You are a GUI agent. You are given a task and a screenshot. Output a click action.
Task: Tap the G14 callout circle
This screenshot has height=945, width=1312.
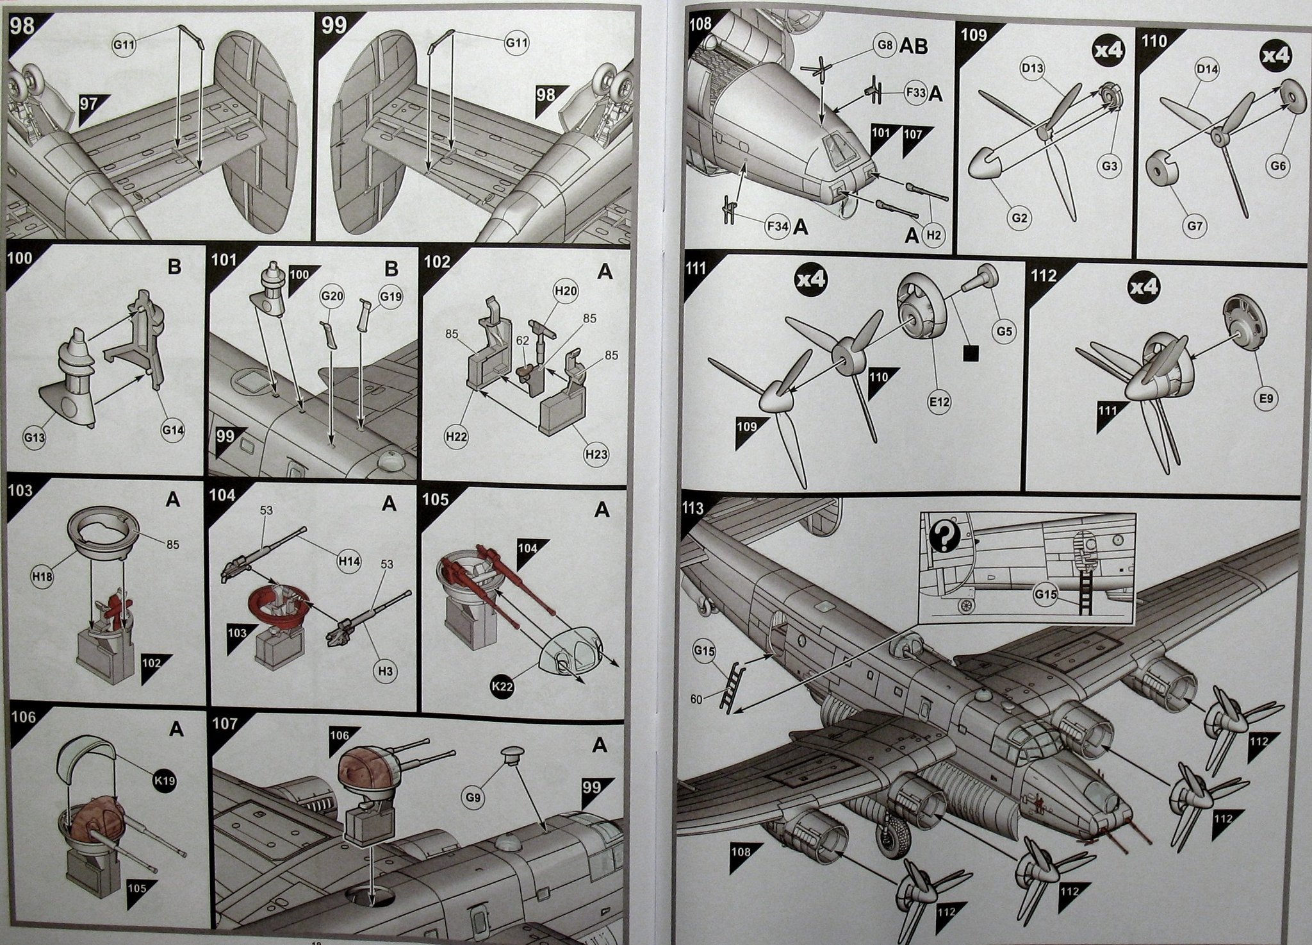point(173,430)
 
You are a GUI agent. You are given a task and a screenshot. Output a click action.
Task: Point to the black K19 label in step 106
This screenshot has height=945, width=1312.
point(163,782)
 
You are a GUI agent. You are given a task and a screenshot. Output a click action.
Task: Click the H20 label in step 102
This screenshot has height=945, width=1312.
point(566,292)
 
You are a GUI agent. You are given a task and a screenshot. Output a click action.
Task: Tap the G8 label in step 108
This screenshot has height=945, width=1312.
point(884,46)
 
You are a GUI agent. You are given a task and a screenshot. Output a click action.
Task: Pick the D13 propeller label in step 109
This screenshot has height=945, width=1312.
point(1033,70)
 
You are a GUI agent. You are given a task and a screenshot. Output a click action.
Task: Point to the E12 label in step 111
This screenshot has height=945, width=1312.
point(941,402)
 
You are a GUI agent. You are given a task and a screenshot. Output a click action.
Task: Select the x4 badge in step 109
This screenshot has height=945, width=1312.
point(1108,52)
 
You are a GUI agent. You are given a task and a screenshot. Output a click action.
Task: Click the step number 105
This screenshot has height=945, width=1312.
point(436,499)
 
